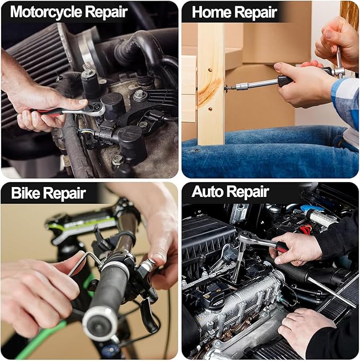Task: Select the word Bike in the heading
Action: pyautogui.click(x=25, y=193)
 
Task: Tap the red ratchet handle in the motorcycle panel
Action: pyautogui.click(x=49, y=112)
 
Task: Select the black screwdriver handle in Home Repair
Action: pyautogui.click(x=286, y=81)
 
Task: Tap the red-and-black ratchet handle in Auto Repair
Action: pyautogui.click(x=282, y=246)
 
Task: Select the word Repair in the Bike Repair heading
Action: pyautogui.click(x=65, y=194)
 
